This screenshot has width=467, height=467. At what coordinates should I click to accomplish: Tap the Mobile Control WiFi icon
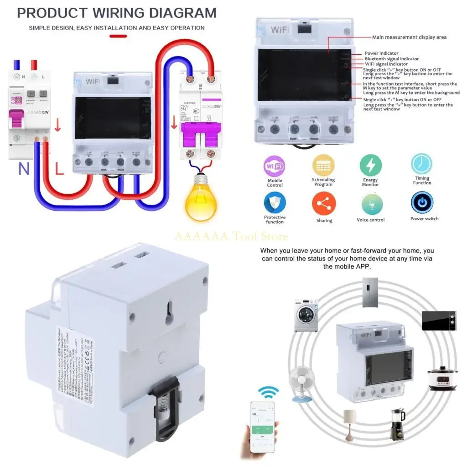275,166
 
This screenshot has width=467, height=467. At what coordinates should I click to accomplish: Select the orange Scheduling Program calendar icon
323,165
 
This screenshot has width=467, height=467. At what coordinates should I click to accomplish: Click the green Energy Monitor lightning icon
370,165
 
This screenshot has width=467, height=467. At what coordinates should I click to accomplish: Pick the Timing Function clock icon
422,164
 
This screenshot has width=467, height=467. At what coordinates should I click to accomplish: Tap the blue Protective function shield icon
275,203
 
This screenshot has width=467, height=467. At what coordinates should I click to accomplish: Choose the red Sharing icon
324,204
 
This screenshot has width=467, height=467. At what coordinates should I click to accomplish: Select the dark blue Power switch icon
422,203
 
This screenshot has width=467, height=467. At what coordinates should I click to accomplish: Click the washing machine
306,315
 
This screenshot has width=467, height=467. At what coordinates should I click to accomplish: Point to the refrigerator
370,292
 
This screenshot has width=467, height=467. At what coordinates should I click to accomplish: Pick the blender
397,424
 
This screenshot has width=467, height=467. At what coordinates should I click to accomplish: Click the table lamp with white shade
350,422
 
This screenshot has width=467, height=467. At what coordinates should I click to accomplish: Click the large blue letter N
24,170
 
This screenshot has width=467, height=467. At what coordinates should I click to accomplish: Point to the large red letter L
59,170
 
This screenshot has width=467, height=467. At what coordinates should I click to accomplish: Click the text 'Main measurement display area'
409,37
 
